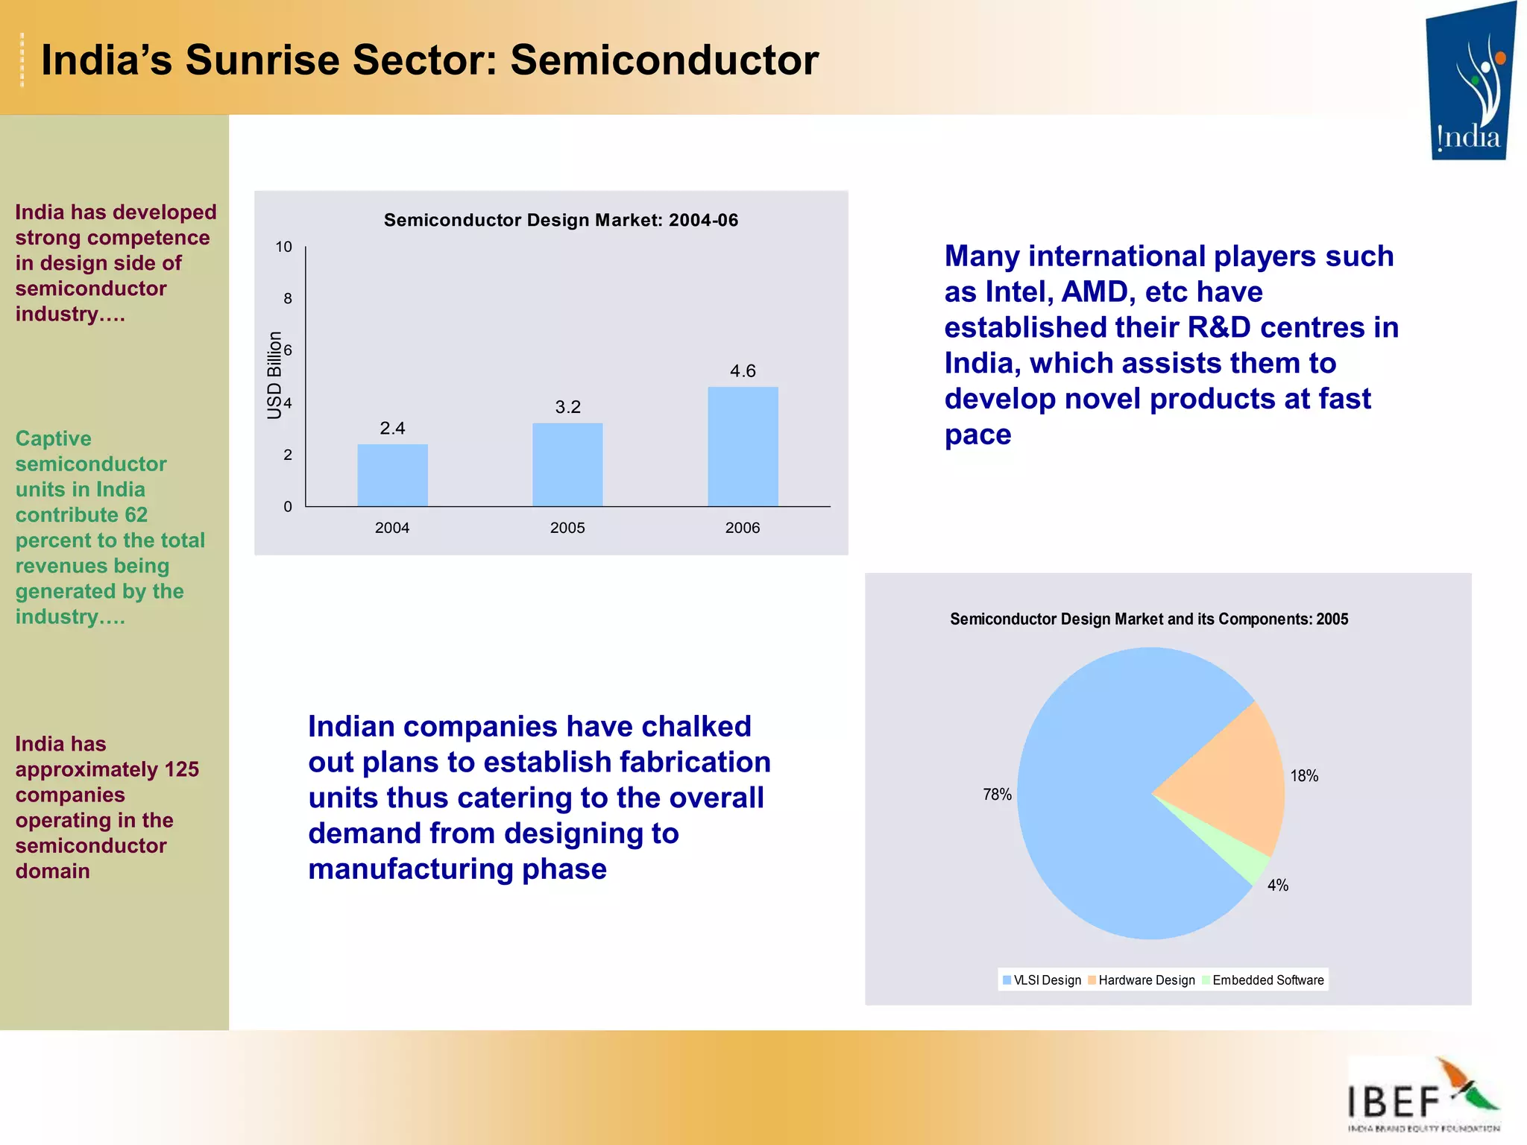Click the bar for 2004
pyautogui.click(x=392, y=475)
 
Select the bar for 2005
pyautogui.click(x=567, y=464)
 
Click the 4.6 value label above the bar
pyautogui.click(x=743, y=370)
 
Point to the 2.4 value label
pyautogui.click(x=392, y=428)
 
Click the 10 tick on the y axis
pyautogui.click(x=284, y=247)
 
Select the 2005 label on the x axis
pyautogui.click(x=567, y=528)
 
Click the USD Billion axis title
pyautogui.click(x=274, y=375)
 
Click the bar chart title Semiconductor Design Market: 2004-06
pyautogui.click(x=561, y=220)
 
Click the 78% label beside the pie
pyautogui.click(x=997, y=795)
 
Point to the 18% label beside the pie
pyautogui.click(x=1304, y=776)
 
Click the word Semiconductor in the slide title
pyautogui.click(x=664, y=60)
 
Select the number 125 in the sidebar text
pyautogui.click(x=182, y=769)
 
